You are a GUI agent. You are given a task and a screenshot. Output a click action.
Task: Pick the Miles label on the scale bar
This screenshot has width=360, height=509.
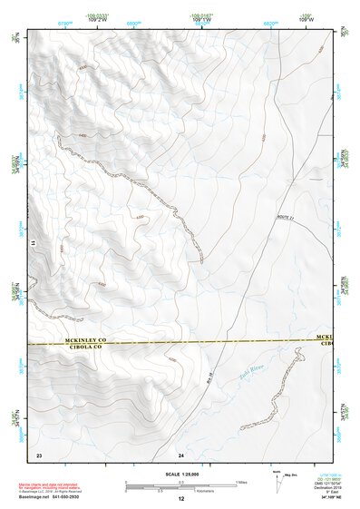click(239, 481)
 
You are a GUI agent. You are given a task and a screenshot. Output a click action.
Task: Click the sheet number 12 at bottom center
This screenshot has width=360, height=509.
click(180, 499)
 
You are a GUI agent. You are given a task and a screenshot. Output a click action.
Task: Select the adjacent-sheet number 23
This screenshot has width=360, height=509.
click(39, 454)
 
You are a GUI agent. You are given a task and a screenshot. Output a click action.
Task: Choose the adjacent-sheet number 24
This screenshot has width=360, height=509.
click(181, 454)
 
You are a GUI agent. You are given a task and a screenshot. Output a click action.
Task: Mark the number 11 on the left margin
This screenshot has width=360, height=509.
click(32, 243)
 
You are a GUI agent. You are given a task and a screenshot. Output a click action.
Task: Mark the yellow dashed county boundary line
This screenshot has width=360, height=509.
click(181, 343)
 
